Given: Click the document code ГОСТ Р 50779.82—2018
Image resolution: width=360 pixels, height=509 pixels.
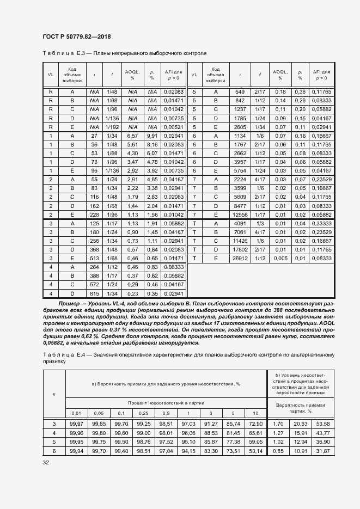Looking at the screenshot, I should point(76,36).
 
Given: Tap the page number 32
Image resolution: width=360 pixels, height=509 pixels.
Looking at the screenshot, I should point(46,462).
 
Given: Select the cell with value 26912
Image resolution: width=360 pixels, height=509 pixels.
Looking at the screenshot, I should point(240,258).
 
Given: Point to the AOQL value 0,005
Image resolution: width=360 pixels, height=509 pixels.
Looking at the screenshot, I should point(280,258).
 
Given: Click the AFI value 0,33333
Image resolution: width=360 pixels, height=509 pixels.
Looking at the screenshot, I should point(321,223).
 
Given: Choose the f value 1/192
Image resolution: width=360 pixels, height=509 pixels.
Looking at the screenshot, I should point(112,127).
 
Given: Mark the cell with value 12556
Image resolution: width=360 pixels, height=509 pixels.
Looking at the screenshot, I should point(240,214).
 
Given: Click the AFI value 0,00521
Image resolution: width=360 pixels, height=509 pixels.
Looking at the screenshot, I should point(174,127).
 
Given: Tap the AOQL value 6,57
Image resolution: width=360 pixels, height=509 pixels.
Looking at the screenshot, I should point(132,136).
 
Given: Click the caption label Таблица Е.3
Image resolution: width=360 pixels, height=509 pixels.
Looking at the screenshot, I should point(60,54).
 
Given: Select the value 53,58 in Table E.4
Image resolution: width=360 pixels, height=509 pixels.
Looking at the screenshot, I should point(324,424).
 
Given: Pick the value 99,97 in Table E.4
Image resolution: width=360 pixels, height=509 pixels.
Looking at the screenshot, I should point(76,424).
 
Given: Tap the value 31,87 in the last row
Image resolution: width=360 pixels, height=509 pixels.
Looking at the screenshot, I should point(324,451).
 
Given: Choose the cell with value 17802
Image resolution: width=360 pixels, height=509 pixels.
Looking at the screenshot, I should point(240,249).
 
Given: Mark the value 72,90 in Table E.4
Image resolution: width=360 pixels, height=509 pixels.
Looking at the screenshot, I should point(254,424).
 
